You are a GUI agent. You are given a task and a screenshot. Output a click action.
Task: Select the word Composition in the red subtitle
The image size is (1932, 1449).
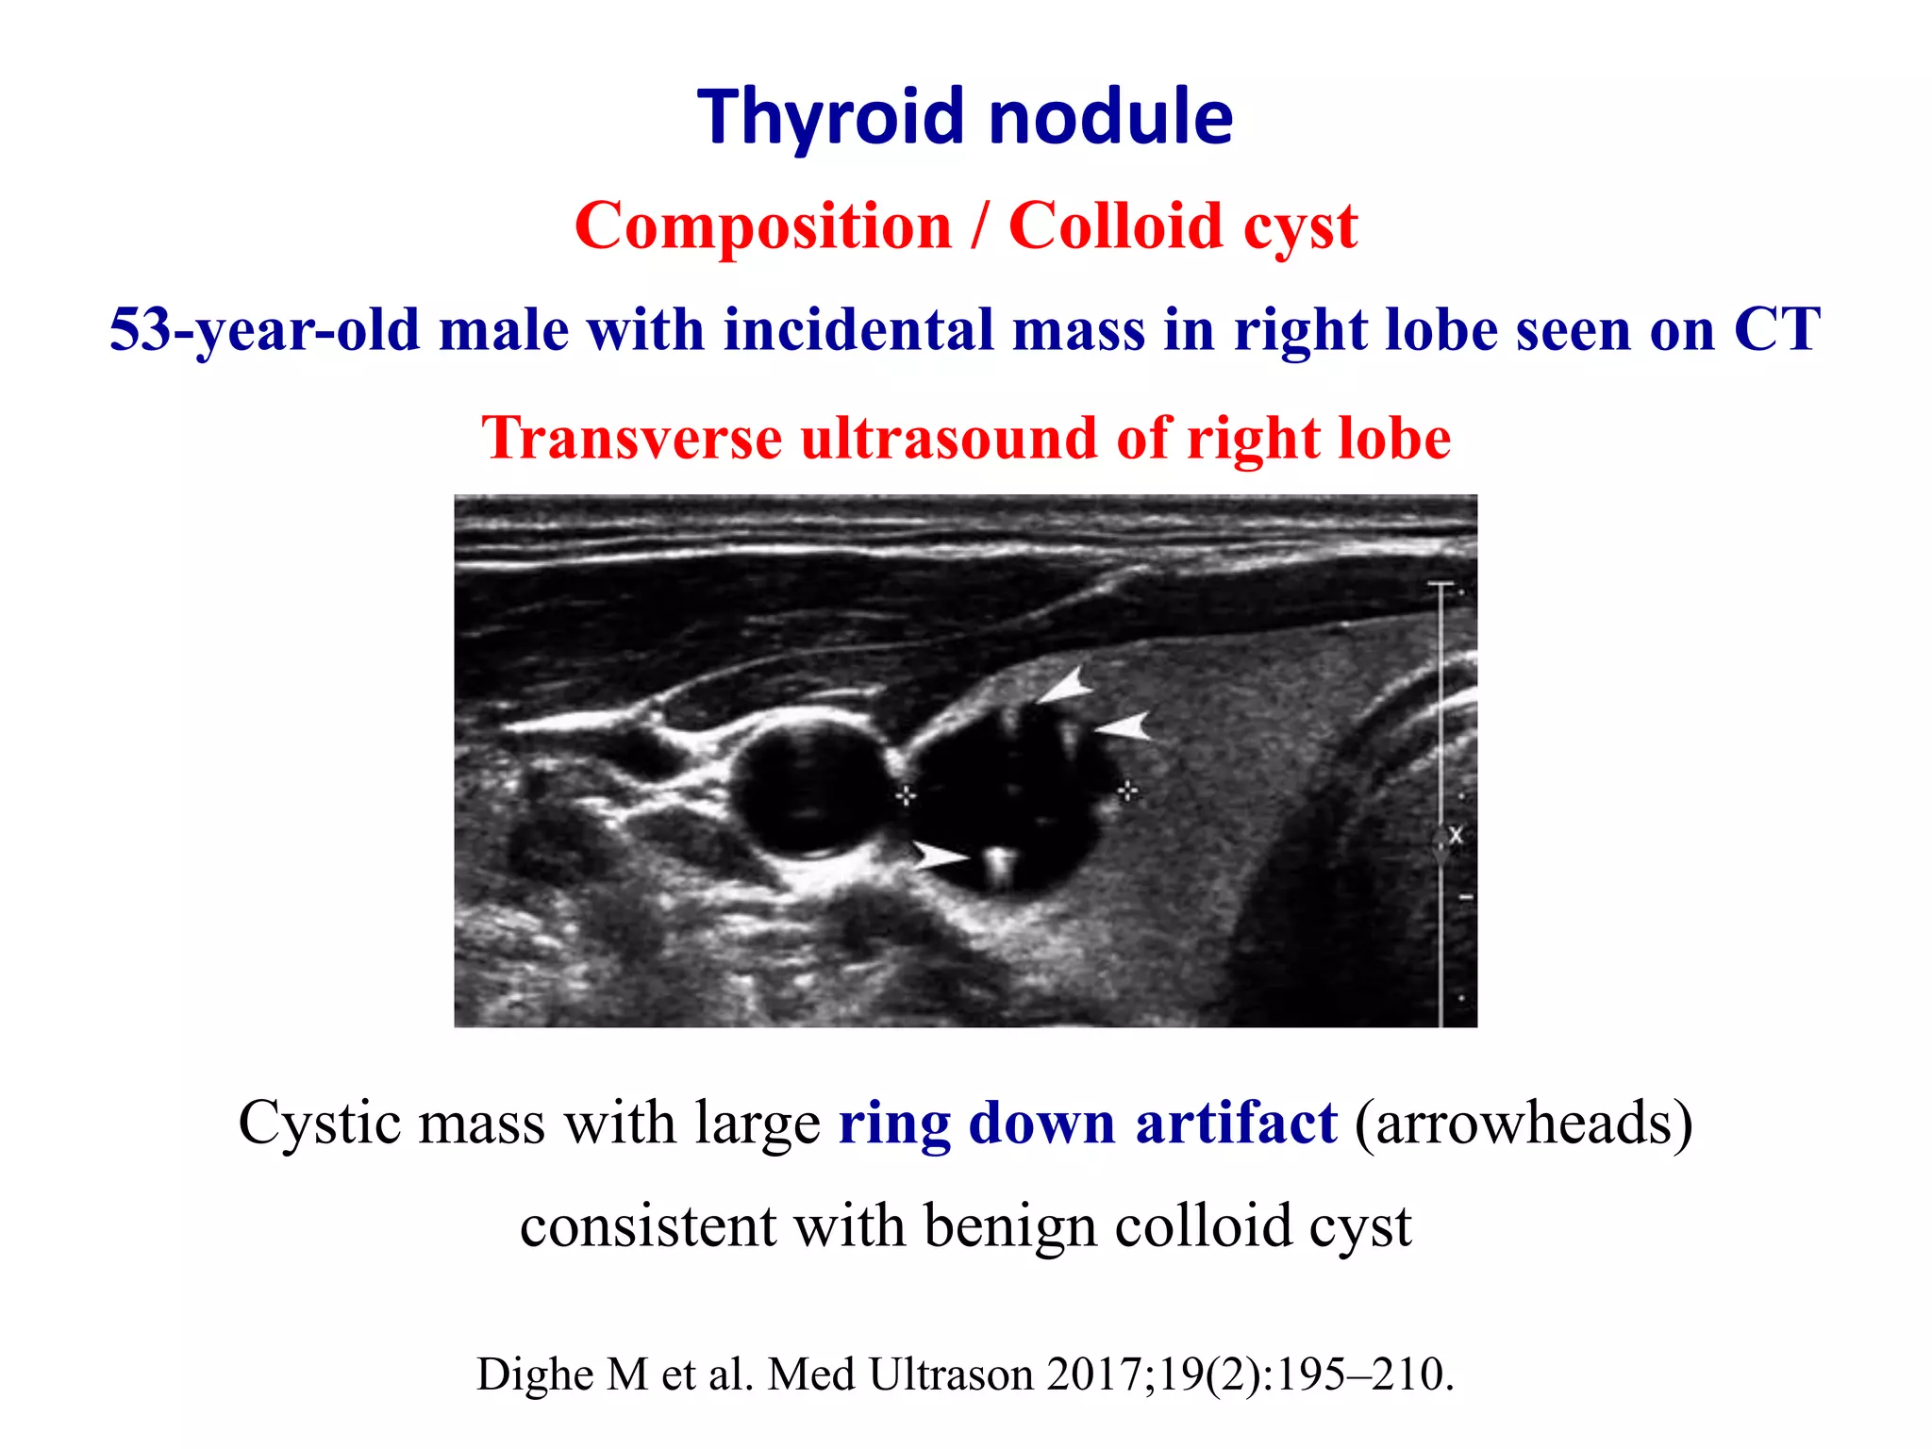point(763,226)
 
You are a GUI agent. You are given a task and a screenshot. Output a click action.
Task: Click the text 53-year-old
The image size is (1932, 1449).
point(264,330)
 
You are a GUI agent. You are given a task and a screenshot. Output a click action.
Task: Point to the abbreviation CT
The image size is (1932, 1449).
point(1776,330)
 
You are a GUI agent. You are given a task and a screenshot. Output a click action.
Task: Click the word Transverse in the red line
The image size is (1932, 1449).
point(631,439)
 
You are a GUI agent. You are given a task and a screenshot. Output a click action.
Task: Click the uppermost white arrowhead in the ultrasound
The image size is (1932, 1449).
point(1066,686)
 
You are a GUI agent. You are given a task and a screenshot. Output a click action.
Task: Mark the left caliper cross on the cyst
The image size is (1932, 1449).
point(906,795)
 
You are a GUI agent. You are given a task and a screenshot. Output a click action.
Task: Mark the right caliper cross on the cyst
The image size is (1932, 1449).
point(1127,791)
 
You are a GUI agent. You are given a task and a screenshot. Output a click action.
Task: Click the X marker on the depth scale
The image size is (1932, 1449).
point(1455,835)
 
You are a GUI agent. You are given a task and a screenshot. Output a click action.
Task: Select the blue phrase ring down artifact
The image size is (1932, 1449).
point(1087,1123)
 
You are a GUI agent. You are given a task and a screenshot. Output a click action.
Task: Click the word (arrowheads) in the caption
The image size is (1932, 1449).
point(1524,1123)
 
